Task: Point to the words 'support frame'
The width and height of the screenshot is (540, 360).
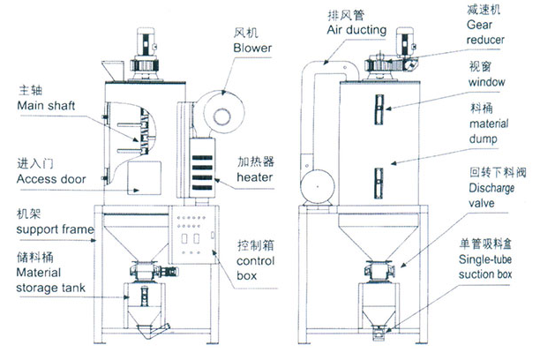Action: point(56,231)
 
